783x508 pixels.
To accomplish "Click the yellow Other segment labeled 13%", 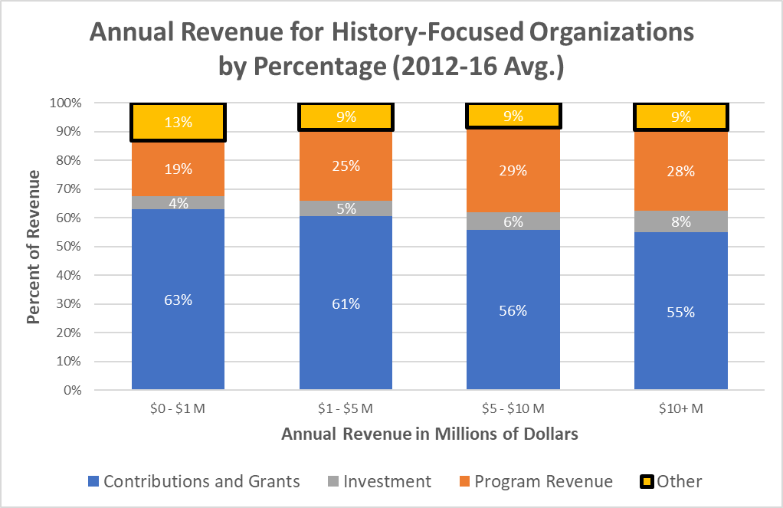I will (x=178, y=123).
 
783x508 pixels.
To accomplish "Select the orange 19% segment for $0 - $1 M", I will (x=178, y=169).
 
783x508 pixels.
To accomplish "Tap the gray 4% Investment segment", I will (x=178, y=202).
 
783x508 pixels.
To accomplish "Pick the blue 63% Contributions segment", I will (x=178, y=300).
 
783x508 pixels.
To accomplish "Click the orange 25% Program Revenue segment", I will (x=346, y=165).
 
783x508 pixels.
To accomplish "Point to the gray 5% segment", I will (x=346, y=208).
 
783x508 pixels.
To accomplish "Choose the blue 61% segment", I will (x=346, y=303).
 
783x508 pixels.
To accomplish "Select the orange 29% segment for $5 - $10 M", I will (x=513, y=170).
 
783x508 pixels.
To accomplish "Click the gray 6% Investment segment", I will (x=513, y=221).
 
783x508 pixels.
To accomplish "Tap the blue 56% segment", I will (x=513, y=310).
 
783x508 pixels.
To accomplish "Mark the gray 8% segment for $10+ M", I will (x=680, y=222).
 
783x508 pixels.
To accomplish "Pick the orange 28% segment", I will (x=680, y=171).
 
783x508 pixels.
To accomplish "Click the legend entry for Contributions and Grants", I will (x=194, y=481).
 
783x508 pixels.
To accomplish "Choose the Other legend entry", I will (x=670, y=481).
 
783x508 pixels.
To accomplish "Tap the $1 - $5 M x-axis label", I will (x=346, y=409).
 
